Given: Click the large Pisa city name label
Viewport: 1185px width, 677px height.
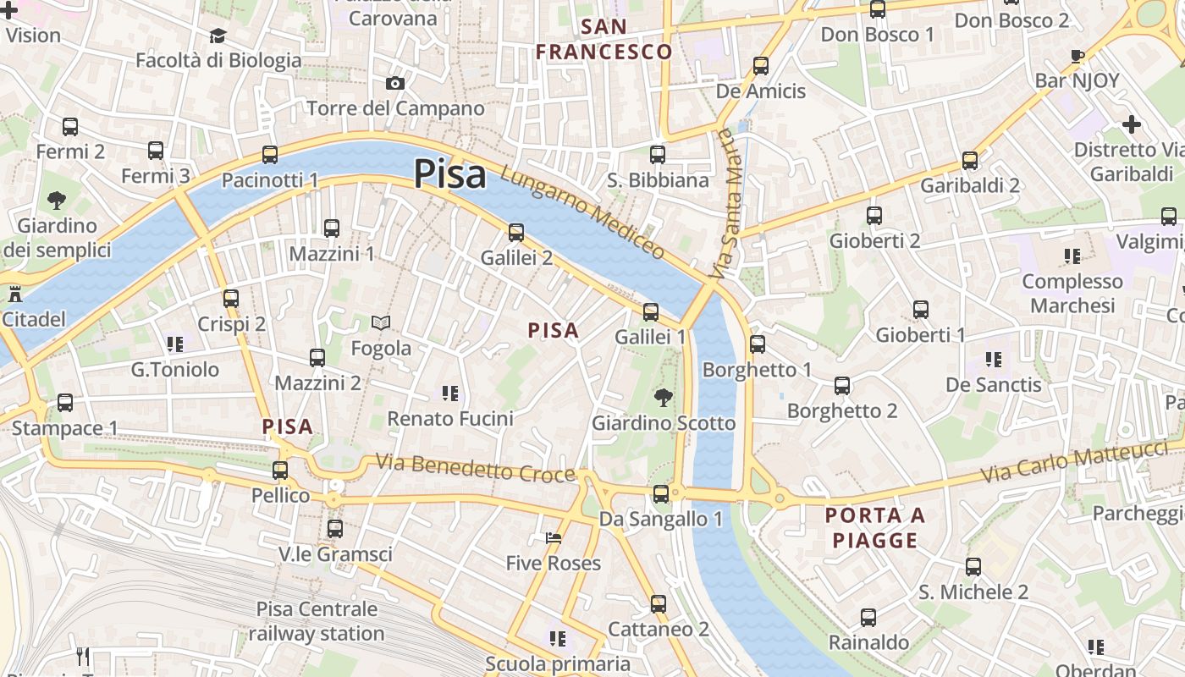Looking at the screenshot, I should [x=449, y=174].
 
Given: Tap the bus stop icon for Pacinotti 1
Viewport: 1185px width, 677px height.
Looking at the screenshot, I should [x=270, y=155].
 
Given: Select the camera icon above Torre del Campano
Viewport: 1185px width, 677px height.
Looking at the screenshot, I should [x=394, y=83].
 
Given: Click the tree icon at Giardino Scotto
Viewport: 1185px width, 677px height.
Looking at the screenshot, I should [x=664, y=397].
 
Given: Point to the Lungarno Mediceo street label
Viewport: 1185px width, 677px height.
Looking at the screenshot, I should [x=583, y=212].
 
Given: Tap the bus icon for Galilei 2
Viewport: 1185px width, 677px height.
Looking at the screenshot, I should [x=516, y=232].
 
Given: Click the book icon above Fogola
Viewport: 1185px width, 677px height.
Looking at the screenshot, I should [x=381, y=322].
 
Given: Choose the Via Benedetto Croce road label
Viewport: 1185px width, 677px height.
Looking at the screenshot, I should [x=476, y=468].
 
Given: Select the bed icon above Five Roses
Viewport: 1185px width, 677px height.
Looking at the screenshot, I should [x=554, y=538].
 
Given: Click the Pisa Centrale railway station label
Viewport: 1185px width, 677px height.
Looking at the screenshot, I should [x=317, y=621].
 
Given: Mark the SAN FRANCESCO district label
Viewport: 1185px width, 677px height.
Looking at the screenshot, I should [x=604, y=39].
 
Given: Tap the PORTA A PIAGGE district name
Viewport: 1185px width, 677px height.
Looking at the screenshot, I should [x=875, y=527].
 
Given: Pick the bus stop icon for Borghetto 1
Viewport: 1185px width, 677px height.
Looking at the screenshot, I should [x=758, y=344].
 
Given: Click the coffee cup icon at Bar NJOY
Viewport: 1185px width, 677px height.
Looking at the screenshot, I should [x=1078, y=57].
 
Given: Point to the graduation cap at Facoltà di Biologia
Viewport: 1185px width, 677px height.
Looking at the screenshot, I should [x=218, y=36].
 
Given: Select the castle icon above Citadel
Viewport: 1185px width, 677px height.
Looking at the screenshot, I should [x=14, y=294].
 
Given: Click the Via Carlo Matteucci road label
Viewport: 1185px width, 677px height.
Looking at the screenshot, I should [x=1074, y=462].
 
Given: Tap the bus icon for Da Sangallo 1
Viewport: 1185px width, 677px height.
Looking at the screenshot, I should [x=661, y=493].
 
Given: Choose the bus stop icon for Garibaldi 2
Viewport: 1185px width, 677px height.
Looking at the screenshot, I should [x=970, y=160].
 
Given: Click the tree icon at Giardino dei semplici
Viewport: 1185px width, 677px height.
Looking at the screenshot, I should [x=57, y=201].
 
